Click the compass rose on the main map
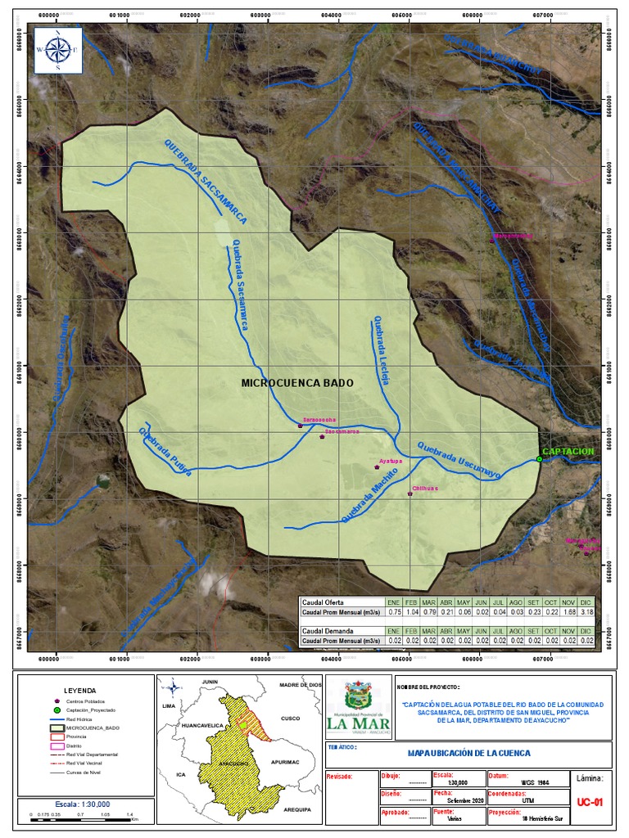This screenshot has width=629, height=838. coord(57,50)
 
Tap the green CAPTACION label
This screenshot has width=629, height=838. coord(568,451)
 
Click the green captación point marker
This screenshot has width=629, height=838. coord(539,459)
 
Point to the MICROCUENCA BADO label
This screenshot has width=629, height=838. coord(297,382)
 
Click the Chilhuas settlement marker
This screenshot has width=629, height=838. coord(410,493)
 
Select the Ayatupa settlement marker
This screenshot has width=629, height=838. coord(377,467)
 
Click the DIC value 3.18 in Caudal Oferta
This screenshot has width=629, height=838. coord(587,610)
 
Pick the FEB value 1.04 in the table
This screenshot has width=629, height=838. coord(411,610)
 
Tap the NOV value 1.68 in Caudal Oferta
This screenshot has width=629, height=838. coord(569,610)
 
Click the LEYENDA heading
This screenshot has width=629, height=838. coord(79,690)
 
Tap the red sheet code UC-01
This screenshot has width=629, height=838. coord(589,803)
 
